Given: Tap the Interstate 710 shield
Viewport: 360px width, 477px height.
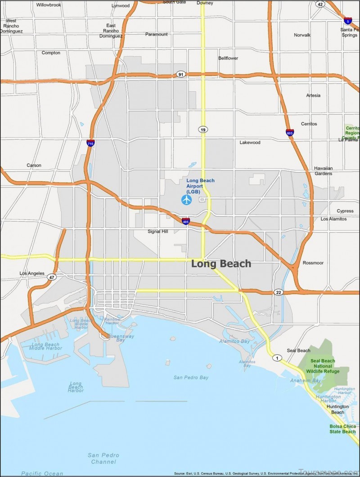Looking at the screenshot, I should click(90, 143).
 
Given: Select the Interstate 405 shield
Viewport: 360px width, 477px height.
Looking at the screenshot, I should click(186, 221).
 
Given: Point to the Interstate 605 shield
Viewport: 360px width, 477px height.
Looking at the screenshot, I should click(289, 132).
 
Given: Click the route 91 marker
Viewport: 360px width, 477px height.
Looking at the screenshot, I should click(180, 74).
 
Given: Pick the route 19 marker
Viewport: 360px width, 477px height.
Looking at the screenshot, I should click(203, 129).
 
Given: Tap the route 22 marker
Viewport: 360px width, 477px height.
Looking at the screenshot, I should click(279, 292).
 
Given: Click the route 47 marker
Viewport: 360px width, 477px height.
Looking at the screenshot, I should click(52, 277).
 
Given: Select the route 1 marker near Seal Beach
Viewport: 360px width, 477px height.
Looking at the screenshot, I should click(276, 358).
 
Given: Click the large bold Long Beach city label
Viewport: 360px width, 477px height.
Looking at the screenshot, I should click(221, 264).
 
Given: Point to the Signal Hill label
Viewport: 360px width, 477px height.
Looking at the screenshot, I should click(157, 232).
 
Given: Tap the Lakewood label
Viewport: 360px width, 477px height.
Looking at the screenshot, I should click(250, 143).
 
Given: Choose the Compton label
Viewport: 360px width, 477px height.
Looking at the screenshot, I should click(51, 53).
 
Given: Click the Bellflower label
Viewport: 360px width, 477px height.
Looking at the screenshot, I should click(228, 58).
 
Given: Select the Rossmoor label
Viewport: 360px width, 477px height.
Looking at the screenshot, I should click(313, 263).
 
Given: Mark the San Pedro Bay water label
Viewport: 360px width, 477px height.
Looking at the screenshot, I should click(191, 378).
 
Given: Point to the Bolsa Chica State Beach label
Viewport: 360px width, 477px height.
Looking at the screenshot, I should click(342, 429).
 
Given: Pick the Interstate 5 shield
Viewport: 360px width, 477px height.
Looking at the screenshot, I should click(348, 20).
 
